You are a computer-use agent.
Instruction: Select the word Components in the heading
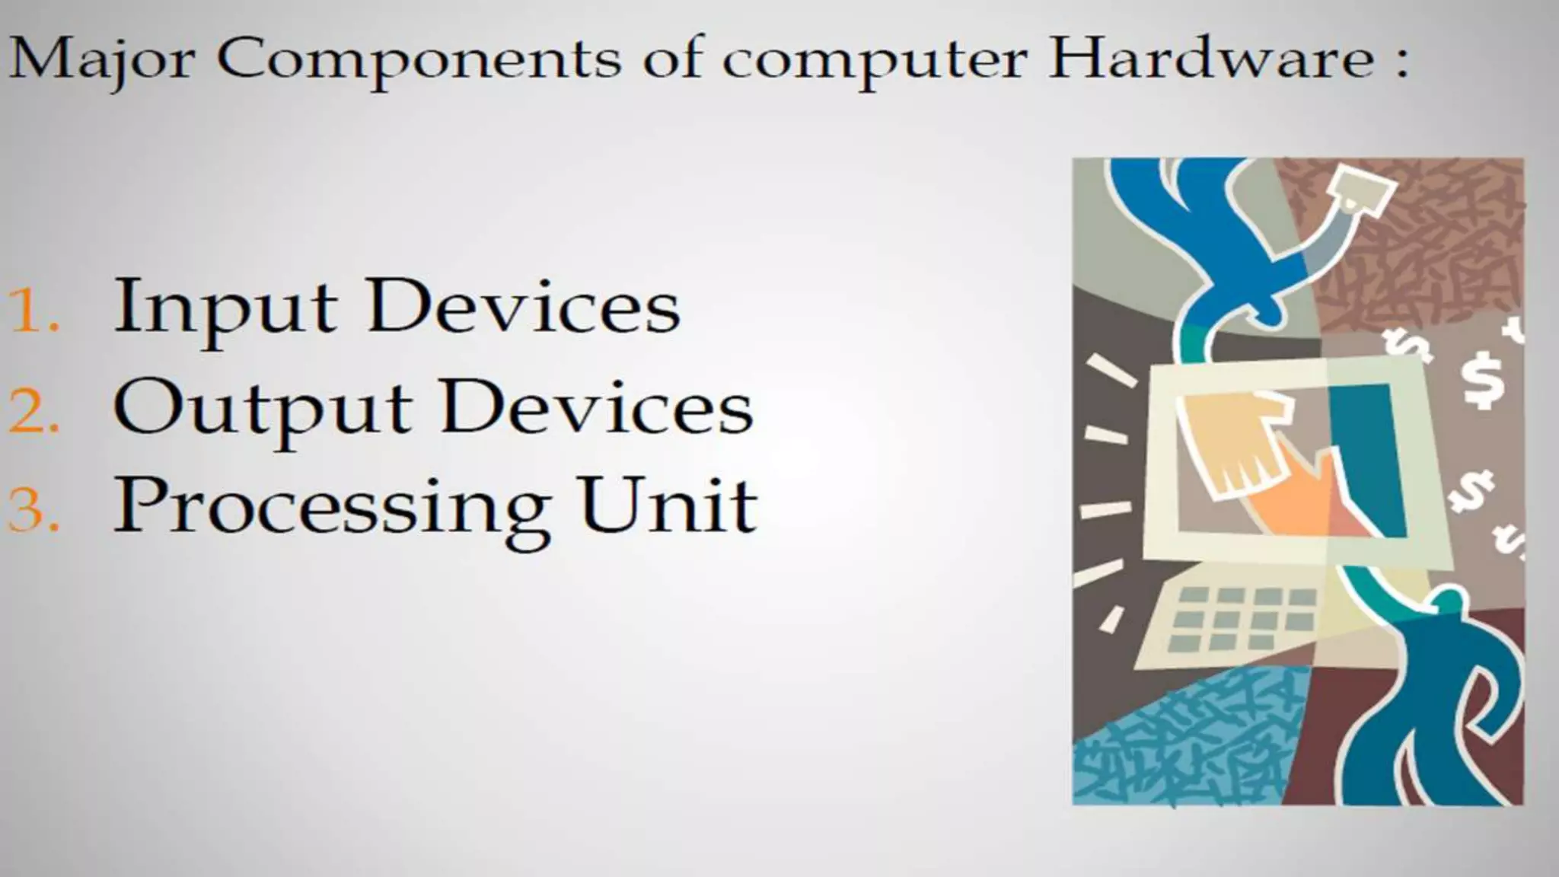click(418, 59)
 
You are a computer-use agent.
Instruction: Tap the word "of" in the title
click(671, 59)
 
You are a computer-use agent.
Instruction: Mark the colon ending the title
click(1401, 61)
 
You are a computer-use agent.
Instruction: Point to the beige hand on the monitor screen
click(1233, 442)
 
